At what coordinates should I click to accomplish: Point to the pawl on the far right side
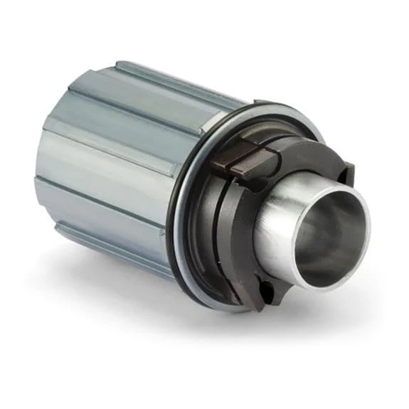coord(346,173)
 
